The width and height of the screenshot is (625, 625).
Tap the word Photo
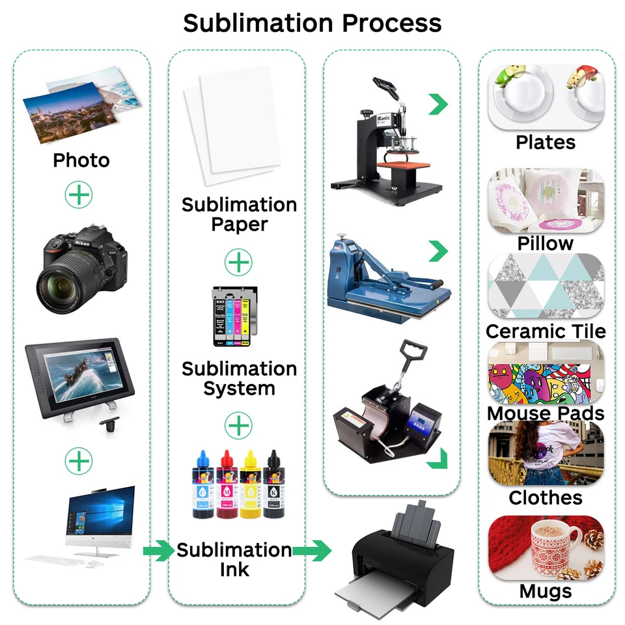(81, 160)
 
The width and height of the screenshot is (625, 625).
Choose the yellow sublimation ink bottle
(251, 485)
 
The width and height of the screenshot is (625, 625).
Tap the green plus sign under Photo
(79, 194)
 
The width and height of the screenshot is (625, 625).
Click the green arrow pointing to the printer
(312, 551)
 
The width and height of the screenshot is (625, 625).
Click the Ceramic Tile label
(546, 331)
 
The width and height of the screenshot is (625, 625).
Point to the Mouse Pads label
(546, 413)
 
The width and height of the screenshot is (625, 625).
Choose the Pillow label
(546, 243)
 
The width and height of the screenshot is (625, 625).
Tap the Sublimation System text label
(239, 378)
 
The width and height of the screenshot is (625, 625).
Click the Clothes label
(546, 498)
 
